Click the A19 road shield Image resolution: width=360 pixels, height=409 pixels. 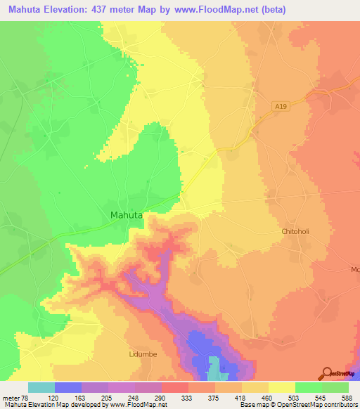click(x=282, y=105)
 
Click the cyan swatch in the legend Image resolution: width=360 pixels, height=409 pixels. click(x=41, y=387)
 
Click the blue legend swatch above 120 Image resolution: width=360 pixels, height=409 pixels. click(x=68, y=387)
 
